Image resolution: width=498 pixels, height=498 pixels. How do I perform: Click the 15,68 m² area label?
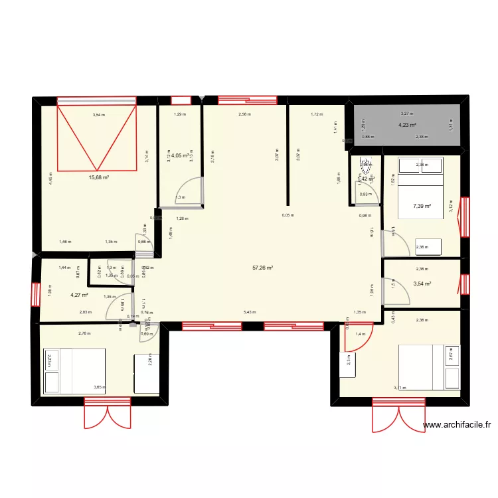pos(99,177)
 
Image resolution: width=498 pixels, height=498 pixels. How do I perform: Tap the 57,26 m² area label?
pos(263,268)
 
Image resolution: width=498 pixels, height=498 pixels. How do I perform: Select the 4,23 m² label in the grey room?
pos(407,125)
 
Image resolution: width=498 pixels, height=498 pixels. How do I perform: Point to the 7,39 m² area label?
pos(422,206)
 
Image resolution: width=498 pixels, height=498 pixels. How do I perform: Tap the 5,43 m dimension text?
pos(250,311)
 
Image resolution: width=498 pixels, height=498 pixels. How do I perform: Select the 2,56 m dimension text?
pos(245,114)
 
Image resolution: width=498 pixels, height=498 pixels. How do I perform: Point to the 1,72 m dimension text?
pos(316,114)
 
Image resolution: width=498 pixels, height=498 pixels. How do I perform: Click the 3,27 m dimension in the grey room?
pos(406,114)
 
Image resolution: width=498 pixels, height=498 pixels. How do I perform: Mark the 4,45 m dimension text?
pos(50,177)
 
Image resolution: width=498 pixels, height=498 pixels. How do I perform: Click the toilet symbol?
pos(365,165)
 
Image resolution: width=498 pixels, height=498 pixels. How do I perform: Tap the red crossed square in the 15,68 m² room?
pos(98,137)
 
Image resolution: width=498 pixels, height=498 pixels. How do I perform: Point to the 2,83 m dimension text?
pos(84,311)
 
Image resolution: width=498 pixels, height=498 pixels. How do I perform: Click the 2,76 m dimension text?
pos(84,333)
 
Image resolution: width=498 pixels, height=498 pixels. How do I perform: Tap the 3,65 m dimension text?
pos(100,387)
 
